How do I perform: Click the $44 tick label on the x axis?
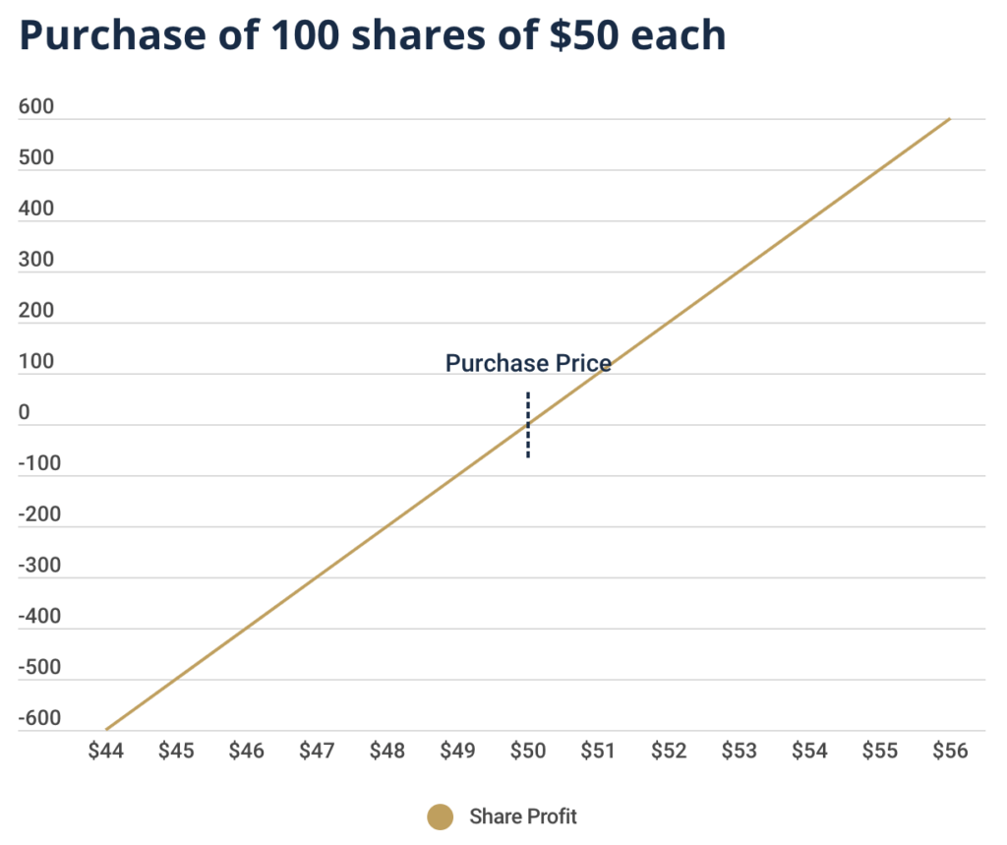tap(105, 751)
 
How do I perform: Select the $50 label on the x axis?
tap(528, 751)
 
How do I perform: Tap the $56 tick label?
tap(950, 751)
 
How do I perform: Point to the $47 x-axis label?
tap(317, 751)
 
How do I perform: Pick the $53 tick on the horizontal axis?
tap(739, 751)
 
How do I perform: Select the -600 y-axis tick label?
tap(38, 718)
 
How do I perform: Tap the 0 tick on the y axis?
tap(24, 413)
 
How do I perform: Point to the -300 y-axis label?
tap(38, 566)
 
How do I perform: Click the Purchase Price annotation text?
tap(528, 364)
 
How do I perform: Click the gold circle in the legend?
tap(441, 816)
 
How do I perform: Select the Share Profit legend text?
tap(523, 816)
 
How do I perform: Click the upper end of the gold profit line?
tap(949, 119)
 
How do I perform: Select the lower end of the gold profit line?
tap(106, 730)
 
